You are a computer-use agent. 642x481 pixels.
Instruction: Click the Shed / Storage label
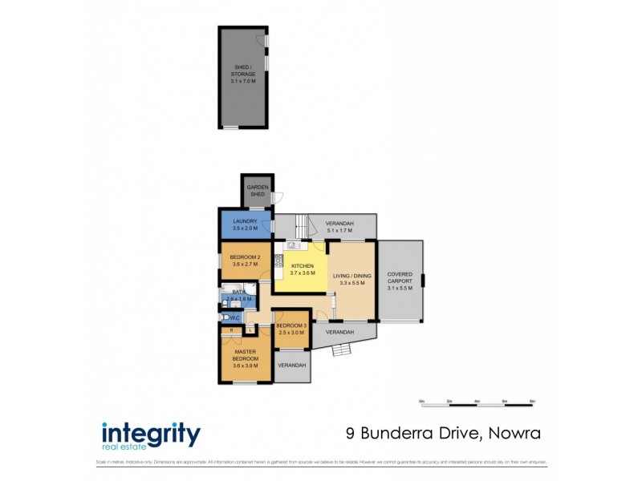[x=243, y=71]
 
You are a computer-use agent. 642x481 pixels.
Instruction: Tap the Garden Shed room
[x=257, y=191]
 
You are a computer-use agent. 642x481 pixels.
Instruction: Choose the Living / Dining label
[x=353, y=276]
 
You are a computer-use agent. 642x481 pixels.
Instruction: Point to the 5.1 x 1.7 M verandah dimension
[x=340, y=231]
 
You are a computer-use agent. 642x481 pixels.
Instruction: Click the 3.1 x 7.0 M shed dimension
[x=243, y=82]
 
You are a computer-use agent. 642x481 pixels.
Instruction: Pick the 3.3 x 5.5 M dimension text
[x=353, y=283]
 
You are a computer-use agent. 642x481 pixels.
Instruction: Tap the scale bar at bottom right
[x=477, y=401]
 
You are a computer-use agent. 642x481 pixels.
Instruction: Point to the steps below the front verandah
[x=342, y=349]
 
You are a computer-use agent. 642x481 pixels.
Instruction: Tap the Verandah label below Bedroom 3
[x=292, y=366]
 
